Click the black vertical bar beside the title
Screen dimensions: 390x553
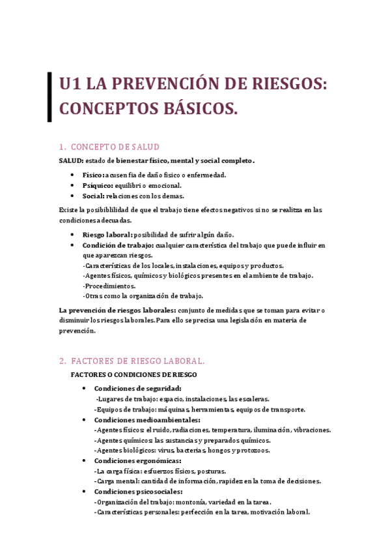click(49, 97)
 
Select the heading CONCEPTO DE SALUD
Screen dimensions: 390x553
click(115, 147)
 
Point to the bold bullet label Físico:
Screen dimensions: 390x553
click(93, 175)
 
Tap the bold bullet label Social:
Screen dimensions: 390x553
click(95, 196)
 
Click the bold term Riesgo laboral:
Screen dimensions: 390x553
click(107, 235)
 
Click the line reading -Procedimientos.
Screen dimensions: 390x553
click(109, 286)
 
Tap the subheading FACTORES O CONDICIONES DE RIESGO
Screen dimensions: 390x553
click(133, 374)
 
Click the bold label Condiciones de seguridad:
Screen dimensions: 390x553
click(137, 389)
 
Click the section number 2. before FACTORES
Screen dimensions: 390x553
click(63, 361)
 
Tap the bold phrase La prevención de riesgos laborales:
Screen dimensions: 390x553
click(114, 310)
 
